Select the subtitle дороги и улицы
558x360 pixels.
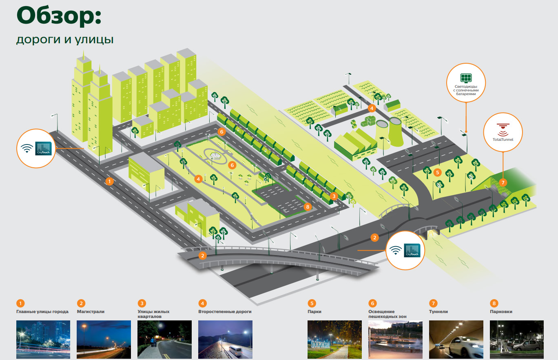pos(65,40)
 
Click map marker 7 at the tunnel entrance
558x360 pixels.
pos(503,182)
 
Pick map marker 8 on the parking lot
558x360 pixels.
pos(308,207)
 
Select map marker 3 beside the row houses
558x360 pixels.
pos(334,196)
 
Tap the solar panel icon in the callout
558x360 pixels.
pos(465,77)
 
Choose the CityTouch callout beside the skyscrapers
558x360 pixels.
pos(36,148)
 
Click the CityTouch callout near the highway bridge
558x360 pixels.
pos(405,250)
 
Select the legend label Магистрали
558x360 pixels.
pos(91,311)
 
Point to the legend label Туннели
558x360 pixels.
pos(438,311)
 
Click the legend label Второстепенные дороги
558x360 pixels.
pos(225,311)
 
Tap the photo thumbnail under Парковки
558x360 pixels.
pos(516,340)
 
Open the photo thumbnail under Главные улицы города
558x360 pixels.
pos(43,340)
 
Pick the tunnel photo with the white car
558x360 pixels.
pos(456,340)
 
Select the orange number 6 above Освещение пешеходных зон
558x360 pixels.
pos(372,303)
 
